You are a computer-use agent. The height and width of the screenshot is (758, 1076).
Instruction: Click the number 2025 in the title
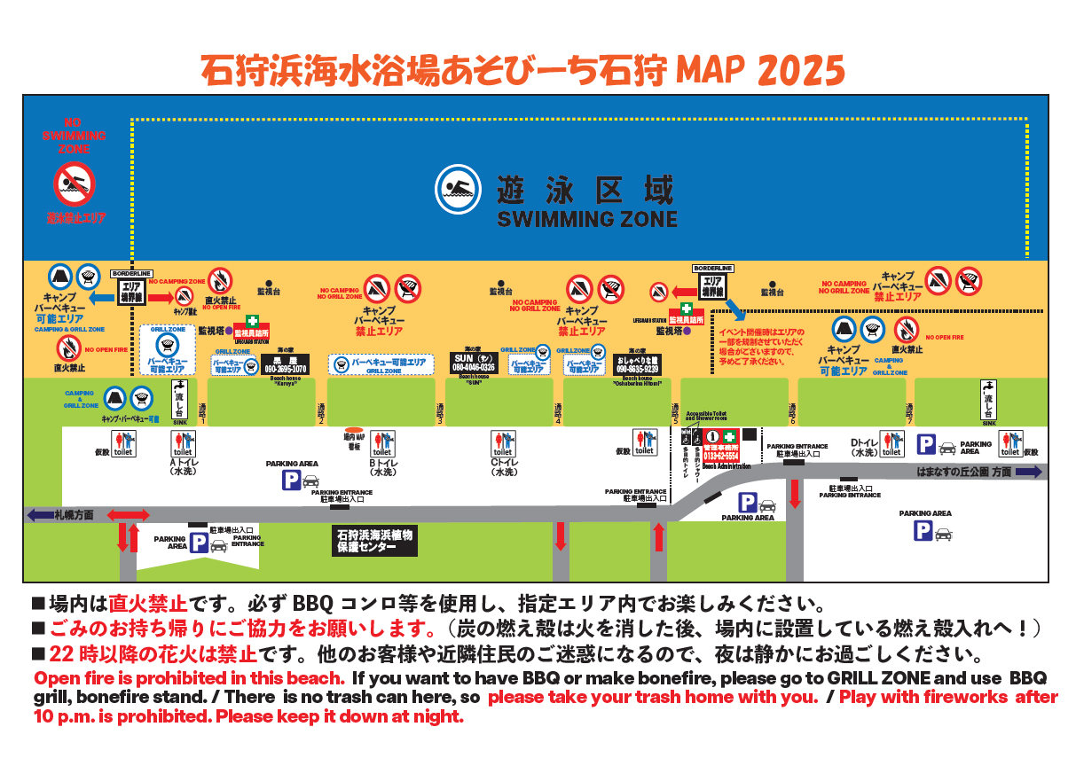(x=802, y=69)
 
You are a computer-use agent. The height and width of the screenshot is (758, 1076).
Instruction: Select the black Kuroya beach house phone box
(x=285, y=364)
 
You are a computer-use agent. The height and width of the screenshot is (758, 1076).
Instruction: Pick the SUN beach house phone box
(x=474, y=363)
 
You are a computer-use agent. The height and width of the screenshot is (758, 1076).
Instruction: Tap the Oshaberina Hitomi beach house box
(x=636, y=364)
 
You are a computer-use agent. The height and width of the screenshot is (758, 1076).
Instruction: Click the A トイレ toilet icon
(x=183, y=444)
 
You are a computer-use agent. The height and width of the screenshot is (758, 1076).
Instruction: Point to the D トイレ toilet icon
(x=890, y=444)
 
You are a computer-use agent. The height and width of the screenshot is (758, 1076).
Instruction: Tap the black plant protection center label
(x=374, y=542)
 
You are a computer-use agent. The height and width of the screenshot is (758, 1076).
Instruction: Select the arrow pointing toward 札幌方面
(x=41, y=514)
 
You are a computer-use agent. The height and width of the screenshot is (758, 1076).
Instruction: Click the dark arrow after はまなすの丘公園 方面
(x=1029, y=473)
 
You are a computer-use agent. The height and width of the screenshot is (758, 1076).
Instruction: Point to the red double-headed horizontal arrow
(x=129, y=515)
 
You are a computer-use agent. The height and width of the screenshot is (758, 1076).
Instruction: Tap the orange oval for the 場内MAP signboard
(x=354, y=430)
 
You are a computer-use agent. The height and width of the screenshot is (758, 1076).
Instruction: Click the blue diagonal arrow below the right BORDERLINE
(x=734, y=306)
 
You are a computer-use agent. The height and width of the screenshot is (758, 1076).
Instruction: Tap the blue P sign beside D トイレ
(x=925, y=445)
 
